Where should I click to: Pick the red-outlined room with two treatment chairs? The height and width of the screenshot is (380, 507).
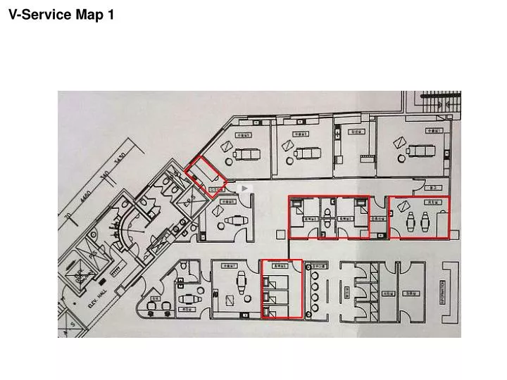click(x=419, y=217)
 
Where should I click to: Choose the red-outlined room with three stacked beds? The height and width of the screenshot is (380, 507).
click(x=282, y=289)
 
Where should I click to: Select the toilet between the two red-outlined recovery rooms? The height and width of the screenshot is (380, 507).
click(x=329, y=218)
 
